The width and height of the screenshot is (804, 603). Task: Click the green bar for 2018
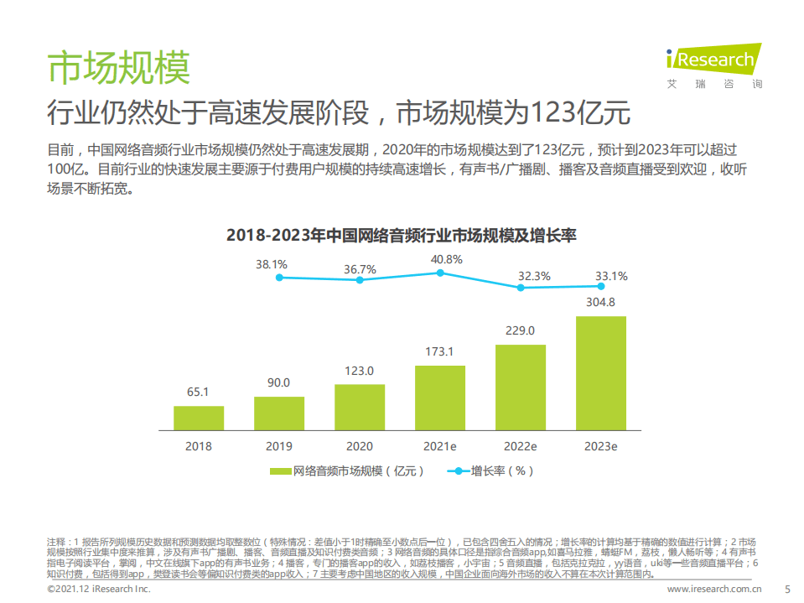[199, 418]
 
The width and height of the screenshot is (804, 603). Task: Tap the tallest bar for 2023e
[600, 372]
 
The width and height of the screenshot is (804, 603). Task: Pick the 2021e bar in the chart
[440, 397]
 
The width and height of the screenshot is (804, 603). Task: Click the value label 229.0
[520, 330]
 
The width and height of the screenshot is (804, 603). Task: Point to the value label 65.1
[199, 392]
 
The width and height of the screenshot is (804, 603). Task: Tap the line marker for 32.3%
[521, 288]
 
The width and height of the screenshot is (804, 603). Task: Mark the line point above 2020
[360, 280]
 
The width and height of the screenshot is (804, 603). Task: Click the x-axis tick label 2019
[279, 447]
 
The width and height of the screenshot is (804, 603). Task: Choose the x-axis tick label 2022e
[520, 447]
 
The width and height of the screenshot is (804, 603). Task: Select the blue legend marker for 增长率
[457, 471]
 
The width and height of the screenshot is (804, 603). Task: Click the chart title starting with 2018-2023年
[402, 235]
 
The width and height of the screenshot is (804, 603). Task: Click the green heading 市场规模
[118, 67]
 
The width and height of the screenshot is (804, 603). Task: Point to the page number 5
[786, 590]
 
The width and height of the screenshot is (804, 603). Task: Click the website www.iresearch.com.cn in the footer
[713, 590]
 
